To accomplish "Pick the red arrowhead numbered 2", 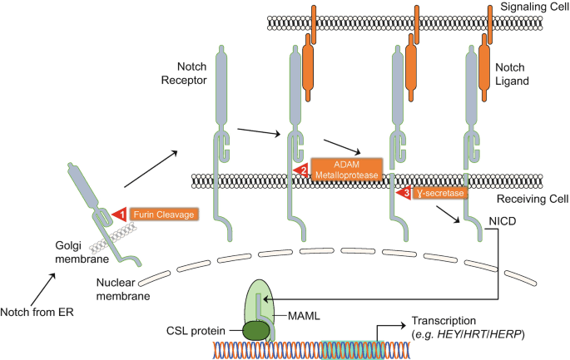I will click(301, 170).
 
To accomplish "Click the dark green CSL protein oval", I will click(255, 331).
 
